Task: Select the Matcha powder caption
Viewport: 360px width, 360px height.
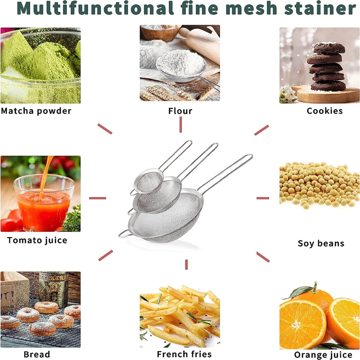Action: click(36, 111)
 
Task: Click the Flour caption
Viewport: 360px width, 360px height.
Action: click(180, 111)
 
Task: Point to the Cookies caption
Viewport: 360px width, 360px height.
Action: click(324, 111)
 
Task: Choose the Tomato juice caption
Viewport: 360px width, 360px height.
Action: click(37, 240)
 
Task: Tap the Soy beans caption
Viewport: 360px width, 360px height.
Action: click(321, 243)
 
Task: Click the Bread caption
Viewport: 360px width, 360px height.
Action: click(37, 354)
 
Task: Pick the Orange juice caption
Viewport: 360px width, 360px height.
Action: click(323, 355)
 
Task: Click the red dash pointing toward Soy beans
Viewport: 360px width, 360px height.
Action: click(262, 198)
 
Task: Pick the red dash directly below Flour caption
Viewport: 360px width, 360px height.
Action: click(180, 125)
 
